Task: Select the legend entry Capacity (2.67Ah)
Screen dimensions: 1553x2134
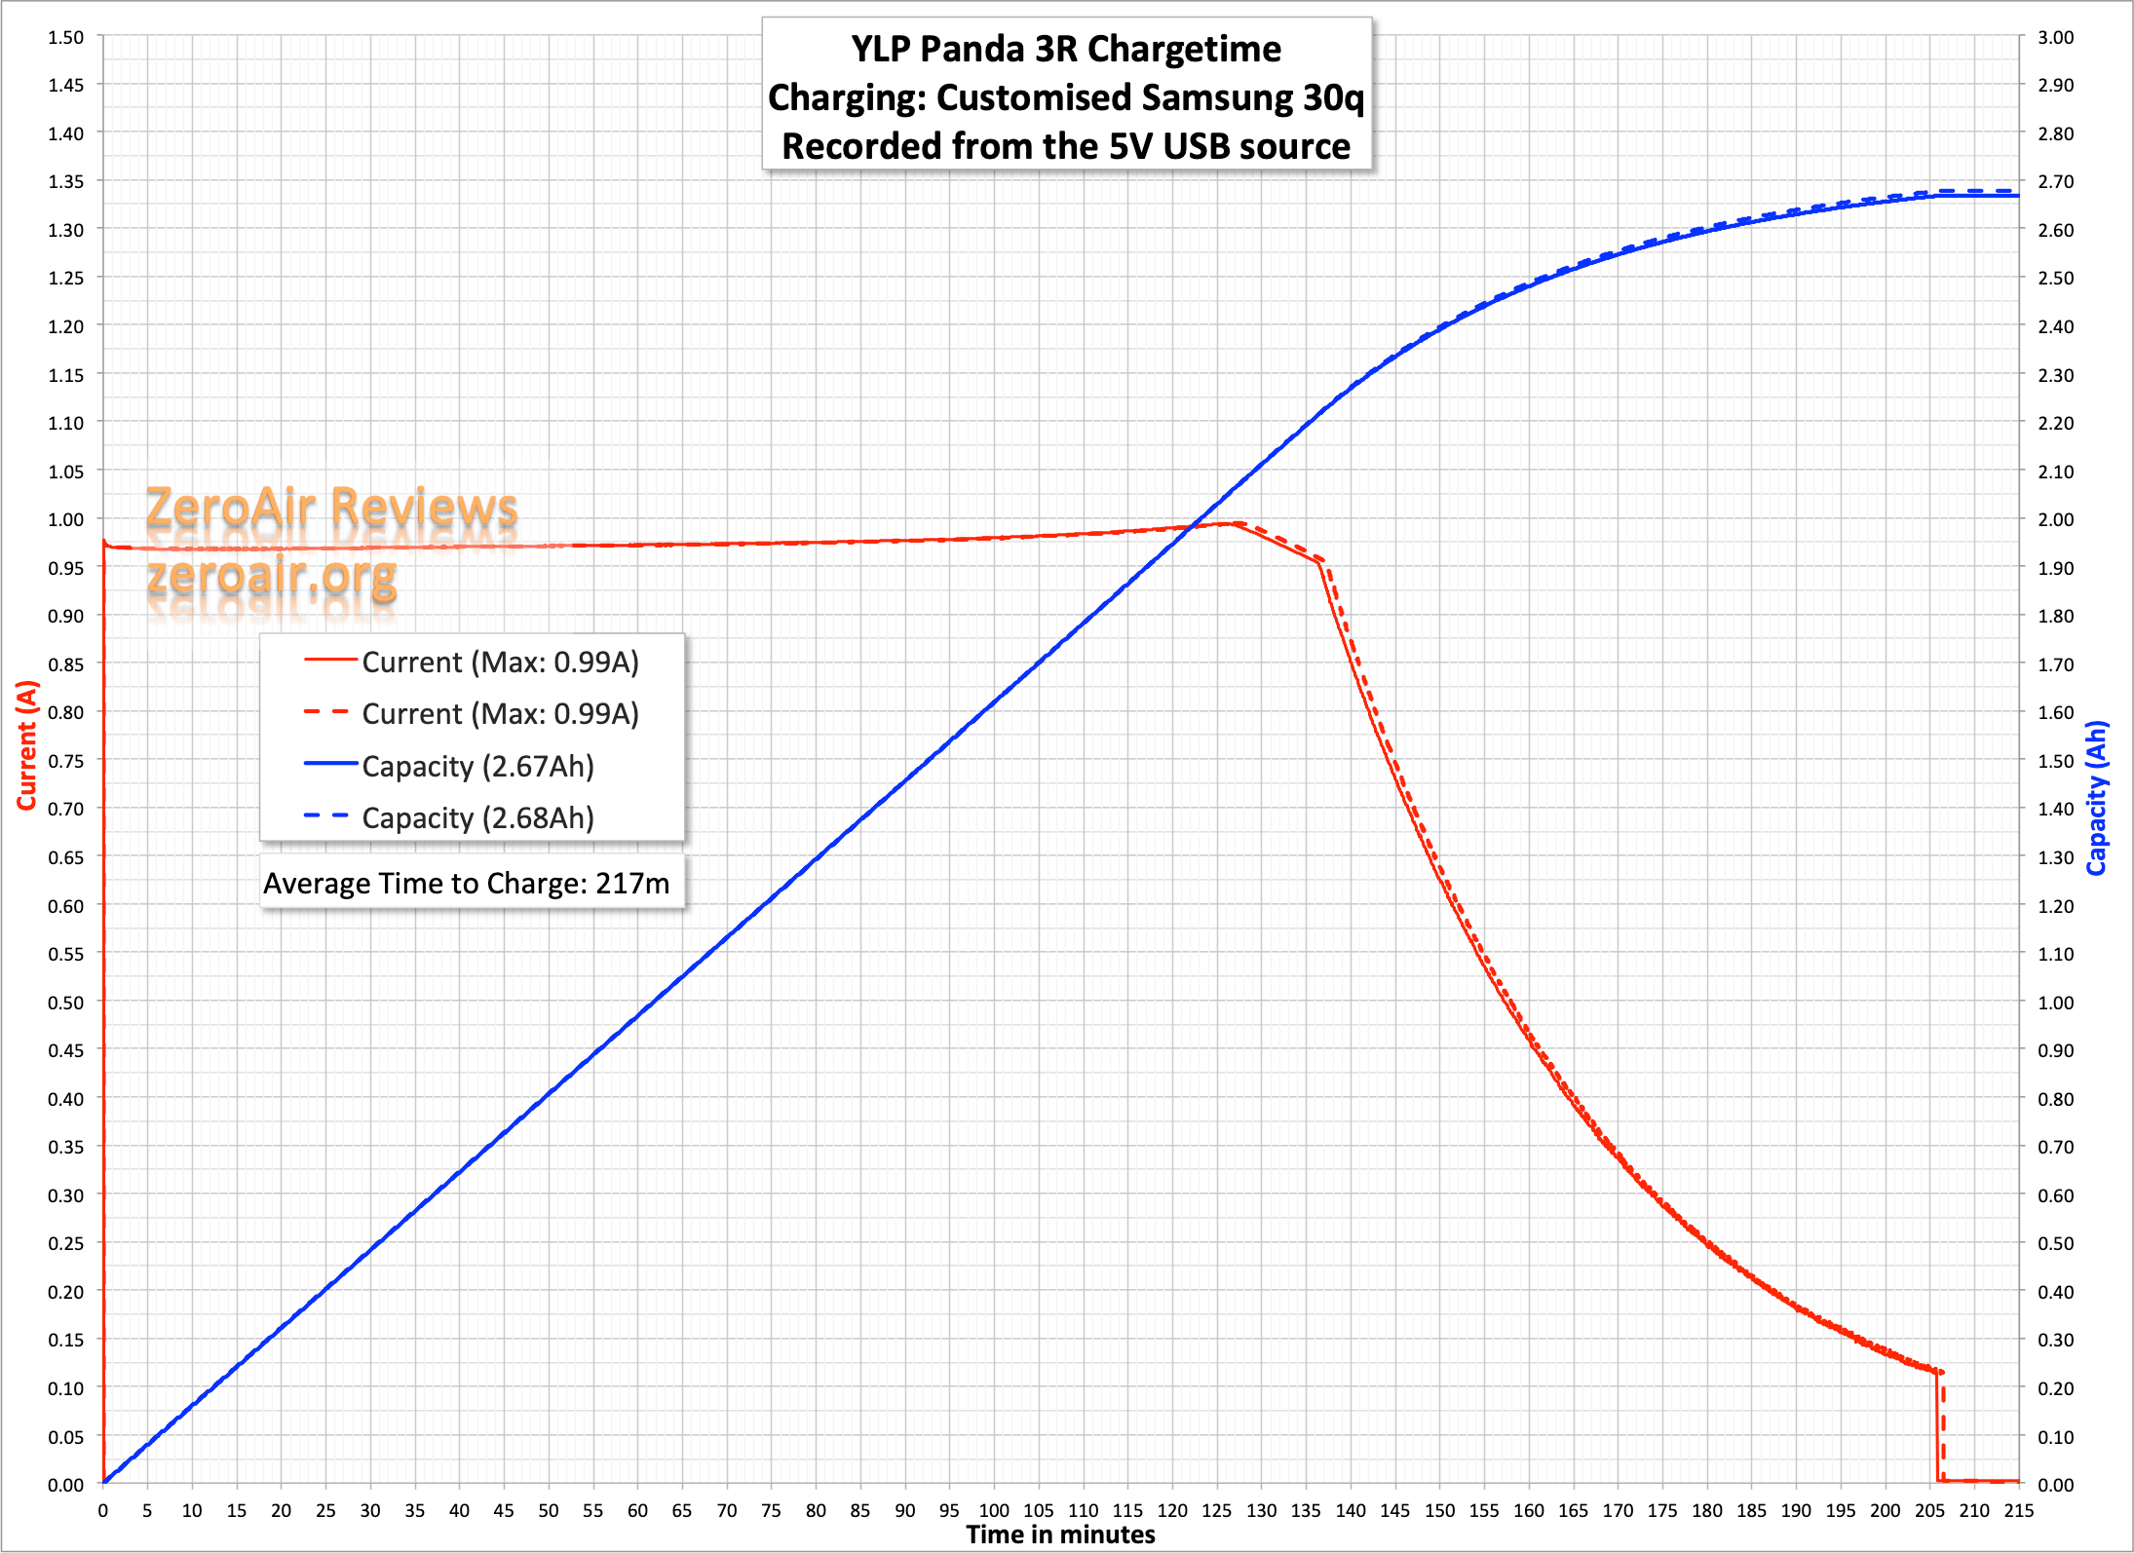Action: (x=476, y=767)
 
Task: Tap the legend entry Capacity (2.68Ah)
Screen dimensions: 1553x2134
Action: (x=476, y=818)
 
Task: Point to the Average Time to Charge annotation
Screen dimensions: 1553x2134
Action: (x=467, y=883)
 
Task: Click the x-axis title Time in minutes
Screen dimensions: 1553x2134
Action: (x=1060, y=1534)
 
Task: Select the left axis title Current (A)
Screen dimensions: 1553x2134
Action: (x=26, y=745)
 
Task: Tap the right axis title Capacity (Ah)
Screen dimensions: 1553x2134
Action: (x=2097, y=798)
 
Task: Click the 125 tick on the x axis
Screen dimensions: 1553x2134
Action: (x=1216, y=1510)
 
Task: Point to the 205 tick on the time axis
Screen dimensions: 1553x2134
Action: (x=1929, y=1510)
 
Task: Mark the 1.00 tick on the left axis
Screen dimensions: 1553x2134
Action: (x=66, y=519)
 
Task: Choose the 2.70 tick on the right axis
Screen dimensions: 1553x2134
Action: (x=2055, y=181)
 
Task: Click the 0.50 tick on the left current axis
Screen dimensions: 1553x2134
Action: (x=66, y=1002)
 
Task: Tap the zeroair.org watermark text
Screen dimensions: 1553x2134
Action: (x=272, y=576)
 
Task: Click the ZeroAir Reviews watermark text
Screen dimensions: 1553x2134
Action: (x=331, y=508)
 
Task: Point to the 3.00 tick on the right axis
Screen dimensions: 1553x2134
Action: (x=2055, y=37)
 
